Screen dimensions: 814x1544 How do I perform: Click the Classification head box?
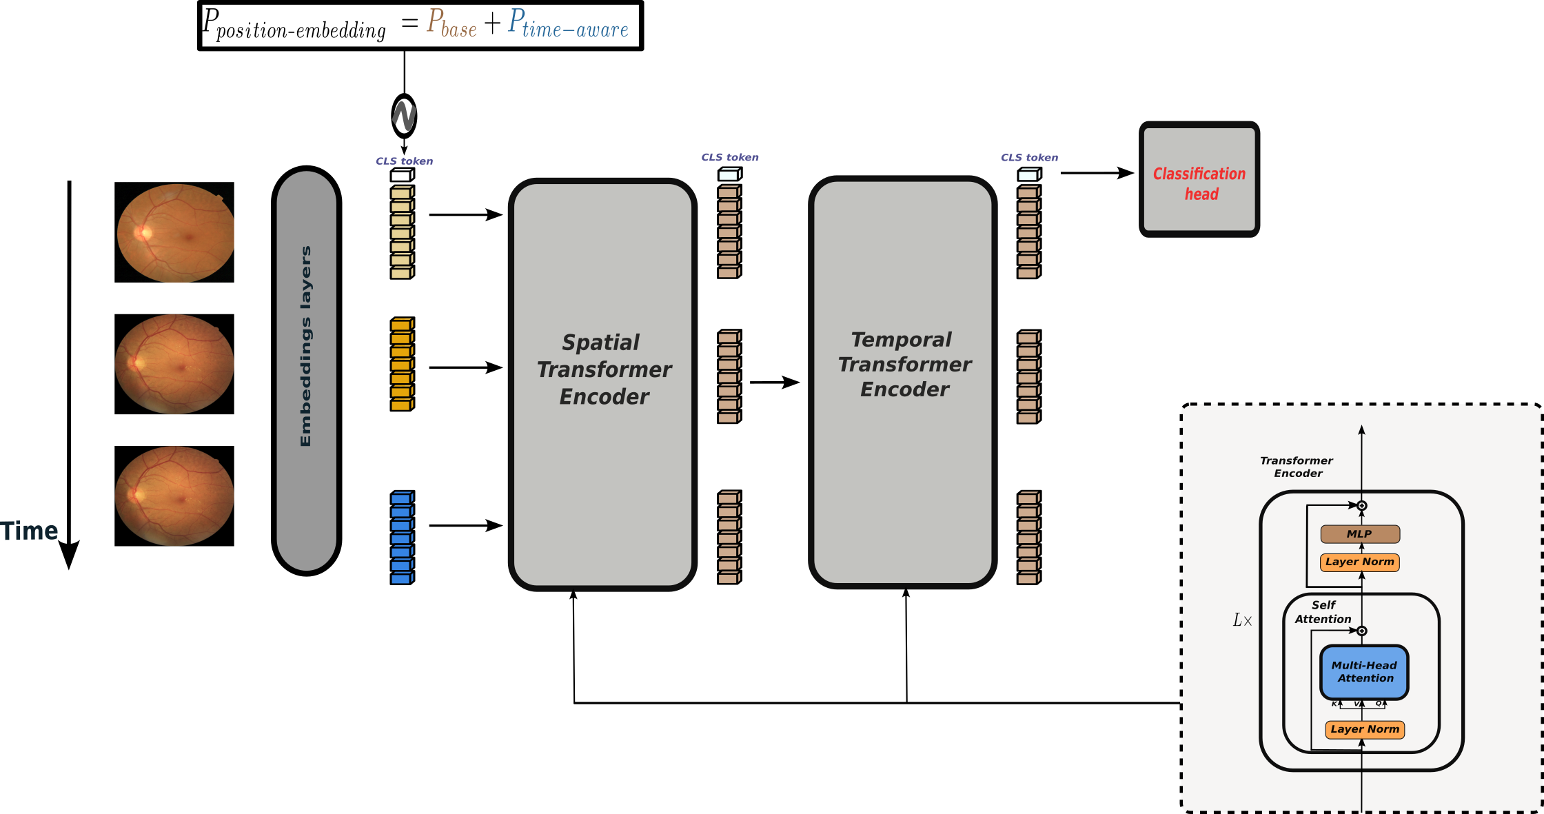(1199, 180)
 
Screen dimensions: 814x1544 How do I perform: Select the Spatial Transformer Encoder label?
(604, 369)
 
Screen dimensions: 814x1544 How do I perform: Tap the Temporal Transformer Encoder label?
(904, 365)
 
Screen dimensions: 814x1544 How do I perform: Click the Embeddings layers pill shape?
(307, 371)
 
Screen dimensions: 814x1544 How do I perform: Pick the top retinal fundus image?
(174, 232)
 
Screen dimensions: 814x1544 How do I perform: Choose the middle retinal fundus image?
(174, 364)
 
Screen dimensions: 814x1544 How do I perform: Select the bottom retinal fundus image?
(174, 496)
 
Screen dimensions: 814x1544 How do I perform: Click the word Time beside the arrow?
(29, 531)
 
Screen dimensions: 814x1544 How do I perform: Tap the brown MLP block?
(1359, 534)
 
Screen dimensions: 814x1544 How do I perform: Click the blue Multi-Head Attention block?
(1363, 672)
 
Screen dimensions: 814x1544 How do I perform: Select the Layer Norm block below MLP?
(1359, 562)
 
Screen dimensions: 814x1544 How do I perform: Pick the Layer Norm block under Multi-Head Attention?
(1364, 729)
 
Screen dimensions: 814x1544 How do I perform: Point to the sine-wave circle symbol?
(404, 116)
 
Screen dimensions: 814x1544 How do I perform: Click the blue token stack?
(402, 538)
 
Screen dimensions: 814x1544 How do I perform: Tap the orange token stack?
(402, 365)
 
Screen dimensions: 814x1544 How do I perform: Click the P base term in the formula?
(451, 23)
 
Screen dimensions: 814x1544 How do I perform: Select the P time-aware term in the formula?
(568, 23)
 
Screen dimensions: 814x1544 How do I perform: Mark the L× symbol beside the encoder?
(1242, 620)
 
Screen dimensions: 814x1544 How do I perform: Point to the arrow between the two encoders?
(775, 382)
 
